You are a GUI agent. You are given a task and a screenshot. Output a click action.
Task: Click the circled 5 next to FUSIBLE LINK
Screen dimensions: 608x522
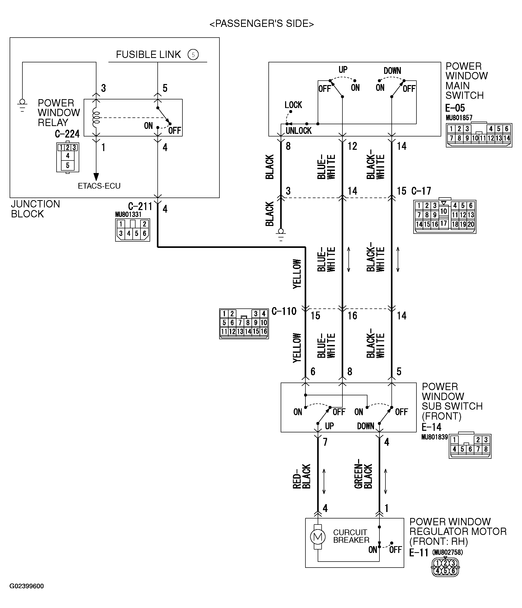click(x=193, y=55)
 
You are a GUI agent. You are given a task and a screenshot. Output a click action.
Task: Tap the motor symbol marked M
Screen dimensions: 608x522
click(x=317, y=537)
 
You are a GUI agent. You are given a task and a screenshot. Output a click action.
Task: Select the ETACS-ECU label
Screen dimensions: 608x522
click(x=99, y=186)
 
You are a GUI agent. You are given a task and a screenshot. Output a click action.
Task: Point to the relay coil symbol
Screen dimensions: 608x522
click(x=96, y=118)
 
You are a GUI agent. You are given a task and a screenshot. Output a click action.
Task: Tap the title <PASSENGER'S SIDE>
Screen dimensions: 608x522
click(x=261, y=24)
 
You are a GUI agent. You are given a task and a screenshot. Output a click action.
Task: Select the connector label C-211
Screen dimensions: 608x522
click(x=140, y=207)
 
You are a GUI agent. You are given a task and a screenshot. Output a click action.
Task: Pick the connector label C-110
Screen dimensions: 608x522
click(x=284, y=311)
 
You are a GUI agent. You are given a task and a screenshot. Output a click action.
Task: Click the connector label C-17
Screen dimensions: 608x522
click(x=421, y=191)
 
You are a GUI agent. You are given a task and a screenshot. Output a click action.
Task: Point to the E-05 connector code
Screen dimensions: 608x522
click(x=455, y=108)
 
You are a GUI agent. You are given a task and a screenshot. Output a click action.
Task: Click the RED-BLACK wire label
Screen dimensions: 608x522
click(x=301, y=476)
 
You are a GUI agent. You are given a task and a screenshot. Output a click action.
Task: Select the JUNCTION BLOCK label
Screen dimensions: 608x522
click(x=35, y=209)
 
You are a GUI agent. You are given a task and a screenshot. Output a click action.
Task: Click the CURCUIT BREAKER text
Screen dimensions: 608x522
click(x=351, y=536)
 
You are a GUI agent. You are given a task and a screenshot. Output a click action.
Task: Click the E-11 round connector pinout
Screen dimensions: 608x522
click(x=445, y=567)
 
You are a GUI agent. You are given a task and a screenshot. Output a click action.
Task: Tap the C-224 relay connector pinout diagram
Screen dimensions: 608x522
click(x=68, y=157)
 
